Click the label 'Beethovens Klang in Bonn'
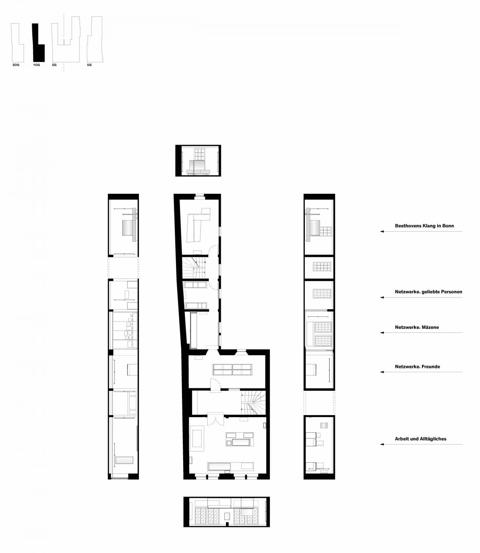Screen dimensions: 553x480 coord(424,226)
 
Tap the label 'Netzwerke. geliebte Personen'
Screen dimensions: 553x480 coord(428,292)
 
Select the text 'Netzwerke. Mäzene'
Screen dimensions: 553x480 coord(417,327)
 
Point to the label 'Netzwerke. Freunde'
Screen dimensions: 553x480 coord(417,366)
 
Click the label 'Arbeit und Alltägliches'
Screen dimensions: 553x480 coord(420,439)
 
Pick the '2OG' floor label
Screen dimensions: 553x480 coord(16,64)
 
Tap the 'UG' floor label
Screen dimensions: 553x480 coord(89,64)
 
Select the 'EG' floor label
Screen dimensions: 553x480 coord(54,64)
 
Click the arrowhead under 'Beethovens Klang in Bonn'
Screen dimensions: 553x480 coord(382,232)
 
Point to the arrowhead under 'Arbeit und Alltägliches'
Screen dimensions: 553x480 coord(382,444)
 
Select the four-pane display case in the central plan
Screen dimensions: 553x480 coord(232,370)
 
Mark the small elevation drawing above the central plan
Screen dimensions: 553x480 coord(198,161)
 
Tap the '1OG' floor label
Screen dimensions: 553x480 coord(36,64)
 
